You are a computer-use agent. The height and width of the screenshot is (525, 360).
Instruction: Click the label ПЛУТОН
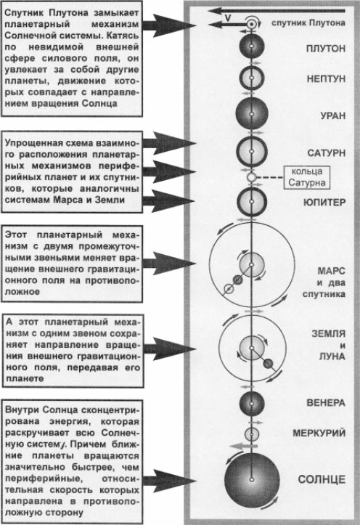click(326, 49)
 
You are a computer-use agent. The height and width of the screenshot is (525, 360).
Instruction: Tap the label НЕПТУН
click(326, 78)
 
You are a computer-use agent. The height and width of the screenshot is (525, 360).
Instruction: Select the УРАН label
click(332, 116)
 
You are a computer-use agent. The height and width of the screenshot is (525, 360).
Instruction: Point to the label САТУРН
click(326, 153)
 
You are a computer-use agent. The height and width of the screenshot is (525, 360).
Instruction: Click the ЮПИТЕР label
click(324, 203)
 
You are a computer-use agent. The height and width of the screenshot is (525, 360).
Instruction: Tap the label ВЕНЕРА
click(326, 402)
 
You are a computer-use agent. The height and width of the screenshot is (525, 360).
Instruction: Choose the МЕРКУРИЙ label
click(319, 433)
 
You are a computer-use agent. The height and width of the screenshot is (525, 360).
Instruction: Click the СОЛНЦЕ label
click(322, 479)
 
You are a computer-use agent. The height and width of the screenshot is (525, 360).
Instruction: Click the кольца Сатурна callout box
click(307, 177)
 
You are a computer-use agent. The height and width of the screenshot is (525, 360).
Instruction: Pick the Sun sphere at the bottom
click(252, 480)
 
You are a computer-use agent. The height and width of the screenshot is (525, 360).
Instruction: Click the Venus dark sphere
click(252, 403)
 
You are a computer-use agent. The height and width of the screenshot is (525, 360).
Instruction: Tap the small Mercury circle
click(252, 435)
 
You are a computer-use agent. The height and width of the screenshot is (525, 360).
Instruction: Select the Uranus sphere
click(252, 113)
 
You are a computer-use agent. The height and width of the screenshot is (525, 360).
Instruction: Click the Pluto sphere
click(252, 46)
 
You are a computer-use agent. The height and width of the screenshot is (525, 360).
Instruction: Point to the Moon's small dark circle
click(268, 364)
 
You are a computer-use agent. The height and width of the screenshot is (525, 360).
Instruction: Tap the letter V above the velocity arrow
click(228, 18)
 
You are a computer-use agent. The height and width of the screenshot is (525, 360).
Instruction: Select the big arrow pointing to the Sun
click(169, 481)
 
